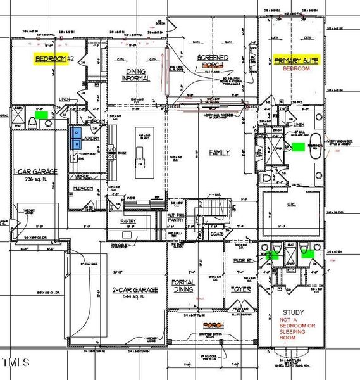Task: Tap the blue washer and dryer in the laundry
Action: (75, 134)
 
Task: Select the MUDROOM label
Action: (84, 188)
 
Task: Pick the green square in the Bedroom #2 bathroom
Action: (42, 116)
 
